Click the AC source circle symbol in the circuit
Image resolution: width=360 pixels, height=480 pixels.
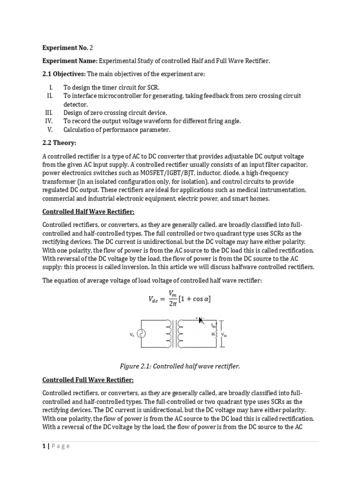coord(140,334)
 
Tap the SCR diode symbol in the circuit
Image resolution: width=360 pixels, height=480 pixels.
coord(201,321)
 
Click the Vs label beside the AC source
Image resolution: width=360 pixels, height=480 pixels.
coord(131,335)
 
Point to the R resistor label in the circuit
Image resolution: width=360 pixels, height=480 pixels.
coord(212,335)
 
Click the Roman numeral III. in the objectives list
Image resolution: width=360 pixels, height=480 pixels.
coord(51,112)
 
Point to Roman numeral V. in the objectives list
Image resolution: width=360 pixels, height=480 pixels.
coord(52,129)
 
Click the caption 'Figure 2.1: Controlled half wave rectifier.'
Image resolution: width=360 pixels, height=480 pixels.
coord(180,366)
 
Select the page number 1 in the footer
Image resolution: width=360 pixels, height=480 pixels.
coord(44,446)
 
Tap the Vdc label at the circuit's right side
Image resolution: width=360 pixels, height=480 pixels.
coord(224,335)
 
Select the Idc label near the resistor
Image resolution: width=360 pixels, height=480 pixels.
coord(213,325)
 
